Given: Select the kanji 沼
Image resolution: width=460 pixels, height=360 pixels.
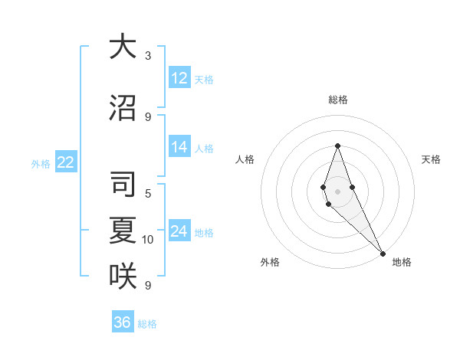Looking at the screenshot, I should tap(123, 107).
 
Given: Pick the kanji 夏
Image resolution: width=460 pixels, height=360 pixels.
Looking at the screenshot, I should tap(123, 231).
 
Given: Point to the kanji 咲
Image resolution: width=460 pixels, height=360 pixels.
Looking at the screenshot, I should tap(123, 276).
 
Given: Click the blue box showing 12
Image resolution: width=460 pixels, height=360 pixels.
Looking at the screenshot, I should tap(179, 78).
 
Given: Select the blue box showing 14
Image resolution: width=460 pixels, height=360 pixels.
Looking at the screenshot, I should tap(179, 147).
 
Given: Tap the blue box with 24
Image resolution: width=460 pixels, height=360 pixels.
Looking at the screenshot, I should tap(179, 231).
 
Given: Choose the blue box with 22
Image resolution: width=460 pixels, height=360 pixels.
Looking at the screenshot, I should tap(66, 162).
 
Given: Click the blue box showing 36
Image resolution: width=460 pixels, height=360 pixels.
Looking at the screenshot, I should tap(123, 322).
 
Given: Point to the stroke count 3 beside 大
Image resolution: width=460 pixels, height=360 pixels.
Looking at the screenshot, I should tap(148, 56).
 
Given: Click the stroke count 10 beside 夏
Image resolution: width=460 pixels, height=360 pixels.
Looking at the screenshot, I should tap(148, 240).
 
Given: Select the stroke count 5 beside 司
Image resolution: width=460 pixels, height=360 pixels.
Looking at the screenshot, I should tap(148, 193).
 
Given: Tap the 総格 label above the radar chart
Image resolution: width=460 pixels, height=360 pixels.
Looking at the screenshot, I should tap(337, 100).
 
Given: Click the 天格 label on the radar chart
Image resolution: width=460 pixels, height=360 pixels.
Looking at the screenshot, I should tap(431, 159).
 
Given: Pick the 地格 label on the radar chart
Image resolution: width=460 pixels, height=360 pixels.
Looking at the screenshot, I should tap(402, 262).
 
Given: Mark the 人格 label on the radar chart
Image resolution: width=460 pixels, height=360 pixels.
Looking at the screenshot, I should tap(245, 159).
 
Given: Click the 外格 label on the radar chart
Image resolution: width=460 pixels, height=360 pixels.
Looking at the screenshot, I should tap(270, 262).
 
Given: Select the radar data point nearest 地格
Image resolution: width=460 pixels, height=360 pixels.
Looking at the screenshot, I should tap(383, 253).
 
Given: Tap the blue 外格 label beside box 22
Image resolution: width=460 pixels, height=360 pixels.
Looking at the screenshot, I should tap(40, 163).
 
